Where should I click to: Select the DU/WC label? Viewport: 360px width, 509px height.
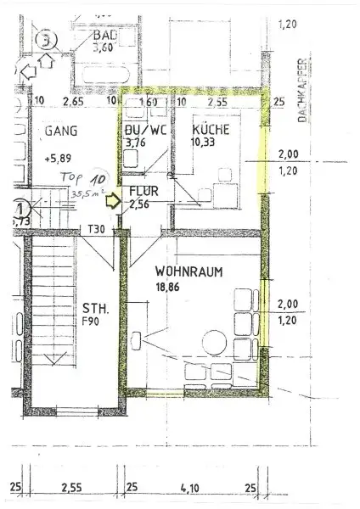(x=139, y=130)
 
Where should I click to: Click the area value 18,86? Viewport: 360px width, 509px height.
(x=168, y=288)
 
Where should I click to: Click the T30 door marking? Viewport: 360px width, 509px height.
(x=96, y=228)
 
